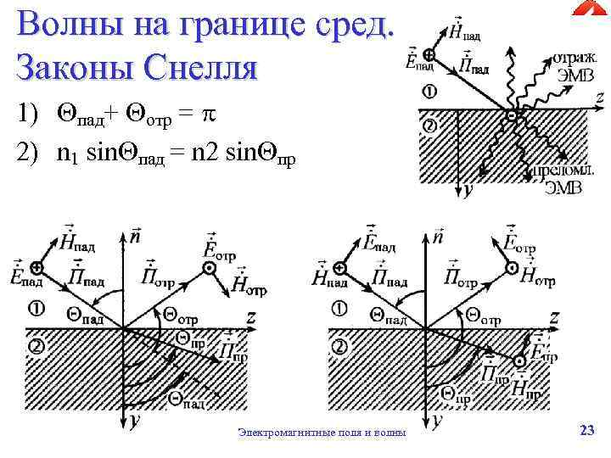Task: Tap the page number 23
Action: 586,431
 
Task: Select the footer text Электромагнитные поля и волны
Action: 322,433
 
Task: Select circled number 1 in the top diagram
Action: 430,92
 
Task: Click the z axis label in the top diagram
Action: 599,98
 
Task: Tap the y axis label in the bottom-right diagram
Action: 436,418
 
